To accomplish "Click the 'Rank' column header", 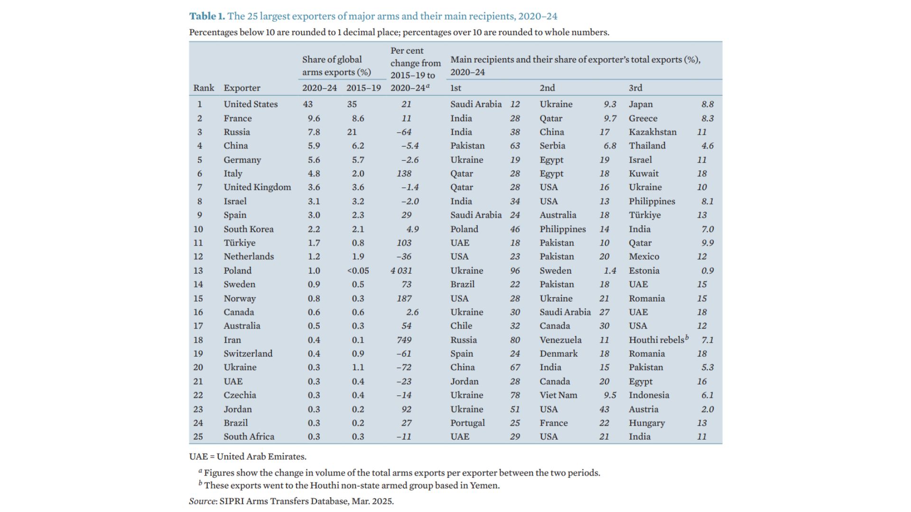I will point(204,88).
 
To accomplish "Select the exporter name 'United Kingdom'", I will point(257,187).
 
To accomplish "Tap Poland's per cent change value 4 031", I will point(401,271).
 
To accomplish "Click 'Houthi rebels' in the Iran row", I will point(657,340).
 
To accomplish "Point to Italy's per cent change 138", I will point(404,174).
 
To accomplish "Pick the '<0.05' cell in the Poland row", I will point(358,271).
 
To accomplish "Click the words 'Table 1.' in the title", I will point(207,16).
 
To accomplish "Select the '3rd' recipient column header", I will point(635,88).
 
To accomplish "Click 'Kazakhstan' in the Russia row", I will point(652,132).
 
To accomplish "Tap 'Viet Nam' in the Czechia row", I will point(558,395).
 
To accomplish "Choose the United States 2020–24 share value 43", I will point(308,104).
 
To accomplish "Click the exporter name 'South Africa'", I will point(249,437).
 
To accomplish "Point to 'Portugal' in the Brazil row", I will point(467,423).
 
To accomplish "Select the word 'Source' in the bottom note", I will point(203,501).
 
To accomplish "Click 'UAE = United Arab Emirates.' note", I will point(247,457).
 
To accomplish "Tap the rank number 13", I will point(198,271).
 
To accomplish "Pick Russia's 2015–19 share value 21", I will point(352,132).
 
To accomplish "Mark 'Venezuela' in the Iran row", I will point(560,340).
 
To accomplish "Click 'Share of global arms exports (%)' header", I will point(336,66).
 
